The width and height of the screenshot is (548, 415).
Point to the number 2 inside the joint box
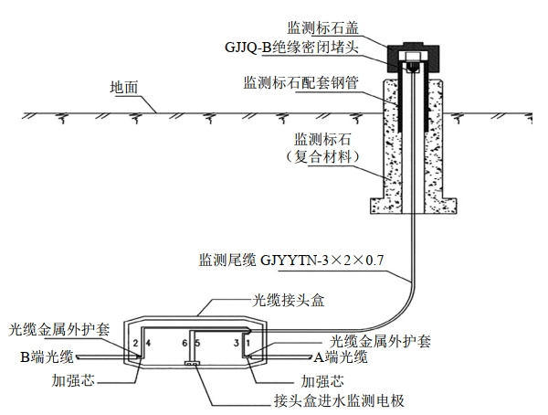136,343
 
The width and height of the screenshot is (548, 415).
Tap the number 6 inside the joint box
184,343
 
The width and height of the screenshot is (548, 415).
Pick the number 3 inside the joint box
237,343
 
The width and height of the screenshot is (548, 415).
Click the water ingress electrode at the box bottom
194,365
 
